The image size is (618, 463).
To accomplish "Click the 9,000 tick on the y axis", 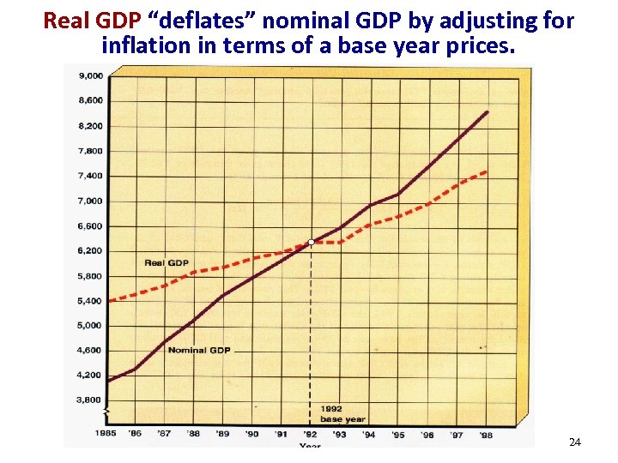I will coord(91,75).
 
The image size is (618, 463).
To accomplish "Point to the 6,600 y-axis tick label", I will coord(91,226).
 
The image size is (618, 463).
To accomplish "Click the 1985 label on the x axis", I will coord(106,434).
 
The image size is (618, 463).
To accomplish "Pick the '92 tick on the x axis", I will coord(310,434).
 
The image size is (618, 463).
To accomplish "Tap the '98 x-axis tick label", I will coord(486,434).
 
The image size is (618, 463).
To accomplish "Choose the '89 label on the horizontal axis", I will coord(222,434).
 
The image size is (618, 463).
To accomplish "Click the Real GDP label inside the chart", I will coord(167,262).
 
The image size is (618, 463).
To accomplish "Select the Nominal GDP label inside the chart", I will coord(198,350).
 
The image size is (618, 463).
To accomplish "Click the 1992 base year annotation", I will coord(342,413).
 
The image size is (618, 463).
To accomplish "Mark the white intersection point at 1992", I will coord(311,243).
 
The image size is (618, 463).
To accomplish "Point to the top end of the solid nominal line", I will coord(488,112).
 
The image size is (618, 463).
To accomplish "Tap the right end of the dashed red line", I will coord(487,171).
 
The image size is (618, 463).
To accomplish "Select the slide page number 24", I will coord(574,442).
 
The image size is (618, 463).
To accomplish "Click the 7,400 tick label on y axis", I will coord(91,176).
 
